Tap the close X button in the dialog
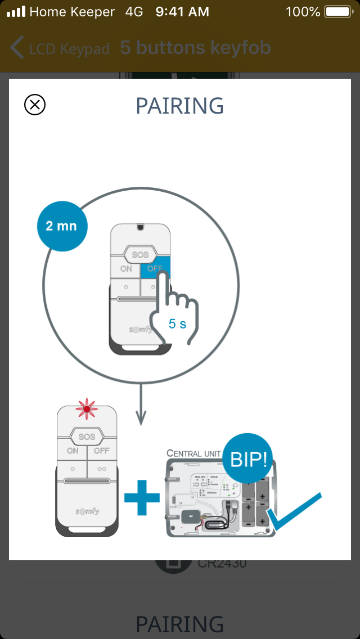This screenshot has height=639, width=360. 35,105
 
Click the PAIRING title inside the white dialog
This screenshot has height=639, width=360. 180,106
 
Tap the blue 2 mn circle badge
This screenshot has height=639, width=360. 61,227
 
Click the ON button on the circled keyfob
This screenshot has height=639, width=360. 127,269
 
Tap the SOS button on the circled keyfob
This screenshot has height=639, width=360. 140,255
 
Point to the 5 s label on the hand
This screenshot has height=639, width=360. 177,323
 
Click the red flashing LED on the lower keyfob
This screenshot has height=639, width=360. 87,409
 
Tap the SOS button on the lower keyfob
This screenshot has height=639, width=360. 87,436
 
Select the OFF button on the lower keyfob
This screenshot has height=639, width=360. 101,451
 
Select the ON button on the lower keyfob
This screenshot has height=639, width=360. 73,451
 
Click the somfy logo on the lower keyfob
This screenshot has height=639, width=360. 87,511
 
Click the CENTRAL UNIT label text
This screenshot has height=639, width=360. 193,453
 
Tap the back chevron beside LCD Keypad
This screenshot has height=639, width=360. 17,48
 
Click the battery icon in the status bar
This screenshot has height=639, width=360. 337,11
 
